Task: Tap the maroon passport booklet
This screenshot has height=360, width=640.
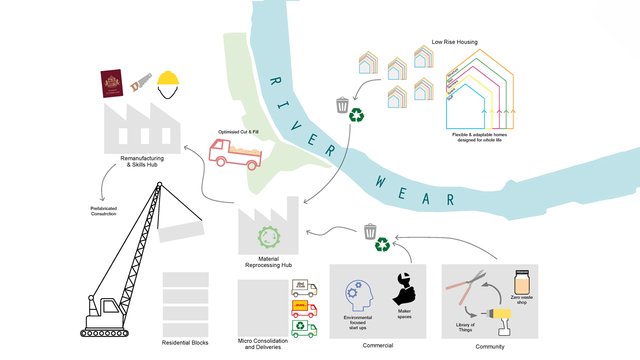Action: [112, 83]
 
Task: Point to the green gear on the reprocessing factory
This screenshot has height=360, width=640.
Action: [268, 237]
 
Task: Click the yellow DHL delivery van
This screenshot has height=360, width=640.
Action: [304, 308]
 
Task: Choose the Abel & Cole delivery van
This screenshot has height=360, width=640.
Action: [304, 288]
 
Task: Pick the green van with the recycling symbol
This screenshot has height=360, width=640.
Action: [304, 328]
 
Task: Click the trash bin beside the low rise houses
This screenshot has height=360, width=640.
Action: [342, 105]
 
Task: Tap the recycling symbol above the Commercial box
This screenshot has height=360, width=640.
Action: [382, 244]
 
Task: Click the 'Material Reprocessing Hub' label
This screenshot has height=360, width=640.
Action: [268, 262]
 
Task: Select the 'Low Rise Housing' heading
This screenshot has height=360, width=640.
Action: [454, 42]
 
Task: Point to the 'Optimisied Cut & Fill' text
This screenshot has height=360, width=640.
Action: [238, 132]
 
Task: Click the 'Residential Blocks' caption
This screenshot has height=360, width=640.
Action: [185, 342]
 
